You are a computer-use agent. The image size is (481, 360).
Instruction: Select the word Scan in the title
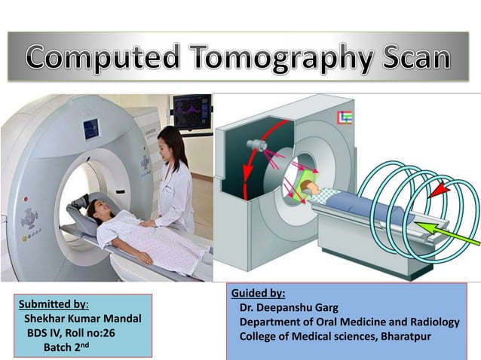[411, 57]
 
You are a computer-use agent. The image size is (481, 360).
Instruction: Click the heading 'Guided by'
[258, 293]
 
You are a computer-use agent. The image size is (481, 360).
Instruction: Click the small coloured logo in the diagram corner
[348, 116]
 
